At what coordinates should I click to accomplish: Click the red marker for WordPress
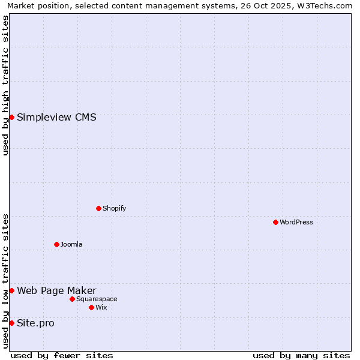pos(275,222)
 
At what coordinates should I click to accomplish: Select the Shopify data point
pos(98,208)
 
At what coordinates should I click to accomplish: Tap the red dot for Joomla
pos(56,244)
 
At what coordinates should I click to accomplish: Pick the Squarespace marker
pos(72,299)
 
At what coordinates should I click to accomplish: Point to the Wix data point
pos(91,307)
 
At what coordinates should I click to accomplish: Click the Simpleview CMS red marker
pos(11,117)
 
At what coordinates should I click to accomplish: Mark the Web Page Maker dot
pos(11,290)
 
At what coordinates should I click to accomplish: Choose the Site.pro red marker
pos(11,323)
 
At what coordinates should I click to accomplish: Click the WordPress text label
pos(296,222)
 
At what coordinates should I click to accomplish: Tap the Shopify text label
pos(114,208)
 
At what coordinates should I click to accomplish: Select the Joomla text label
pos(71,244)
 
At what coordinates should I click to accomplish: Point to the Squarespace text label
pos(97,299)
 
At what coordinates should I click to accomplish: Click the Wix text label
pos(101,307)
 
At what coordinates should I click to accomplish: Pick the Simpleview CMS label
pos(56,117)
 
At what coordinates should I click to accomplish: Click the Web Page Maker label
pos(56,291)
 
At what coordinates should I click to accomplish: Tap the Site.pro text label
pos(35,323)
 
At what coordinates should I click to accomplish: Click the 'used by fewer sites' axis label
pos(62,355)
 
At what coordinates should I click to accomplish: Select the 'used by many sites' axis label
pos(301,355)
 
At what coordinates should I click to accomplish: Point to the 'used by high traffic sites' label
pos(5,86)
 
